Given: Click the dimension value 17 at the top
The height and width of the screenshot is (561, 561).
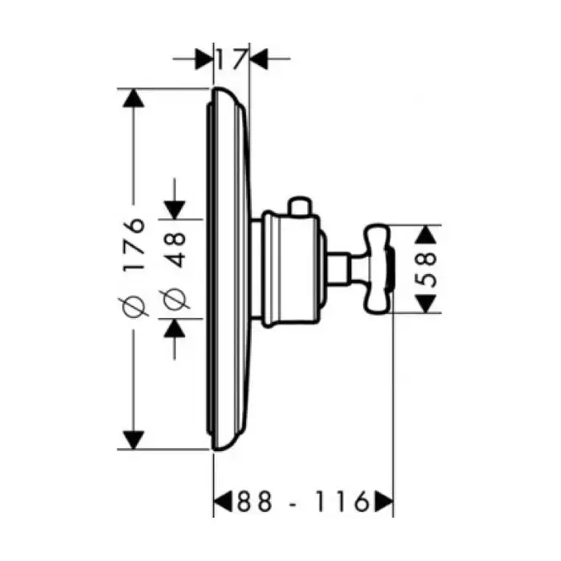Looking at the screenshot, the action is coord(232,59).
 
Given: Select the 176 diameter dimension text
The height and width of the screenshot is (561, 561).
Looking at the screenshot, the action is coord(134,243).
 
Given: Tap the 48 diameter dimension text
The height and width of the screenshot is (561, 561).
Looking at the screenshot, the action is coord(176,250).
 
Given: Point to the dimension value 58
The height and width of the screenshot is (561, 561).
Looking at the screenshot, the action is coord(427,269).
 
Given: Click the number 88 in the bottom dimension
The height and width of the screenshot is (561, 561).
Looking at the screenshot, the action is coord(254,501).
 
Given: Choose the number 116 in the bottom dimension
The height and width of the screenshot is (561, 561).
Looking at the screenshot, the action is coord(341,501).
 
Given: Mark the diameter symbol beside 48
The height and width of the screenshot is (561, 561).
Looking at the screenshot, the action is coord(176,298).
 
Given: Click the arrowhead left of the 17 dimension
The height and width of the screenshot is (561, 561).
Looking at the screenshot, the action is coord(204,59).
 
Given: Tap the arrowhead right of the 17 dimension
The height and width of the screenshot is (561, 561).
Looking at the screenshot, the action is coord(259,59).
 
